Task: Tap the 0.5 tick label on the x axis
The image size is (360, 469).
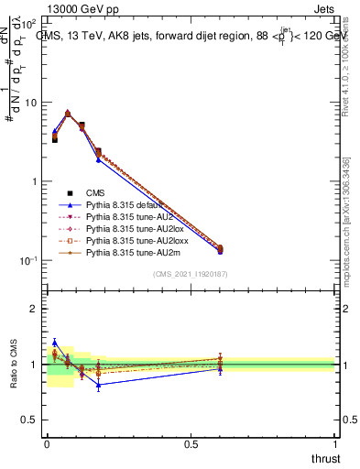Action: [191, 443]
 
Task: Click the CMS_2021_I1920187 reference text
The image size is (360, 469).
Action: [190, 274]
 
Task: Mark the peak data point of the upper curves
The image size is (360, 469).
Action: [68, 114]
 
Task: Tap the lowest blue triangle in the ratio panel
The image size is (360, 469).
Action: [98, 385]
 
